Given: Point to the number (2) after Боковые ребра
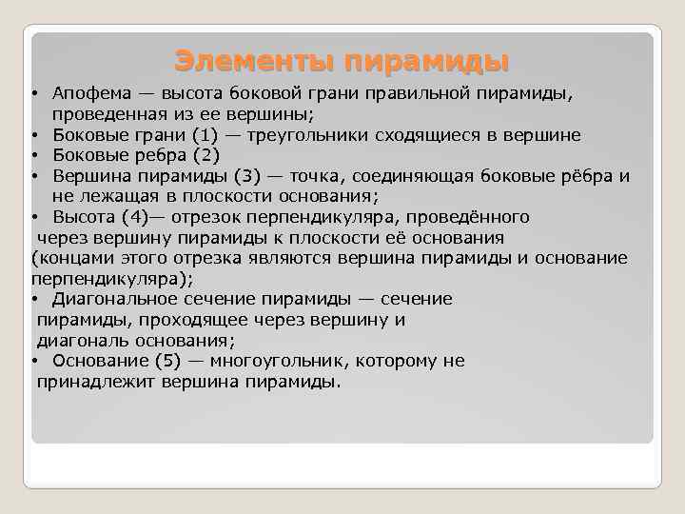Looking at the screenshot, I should click(205, 155).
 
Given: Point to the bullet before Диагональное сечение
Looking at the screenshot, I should click(34, 300).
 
